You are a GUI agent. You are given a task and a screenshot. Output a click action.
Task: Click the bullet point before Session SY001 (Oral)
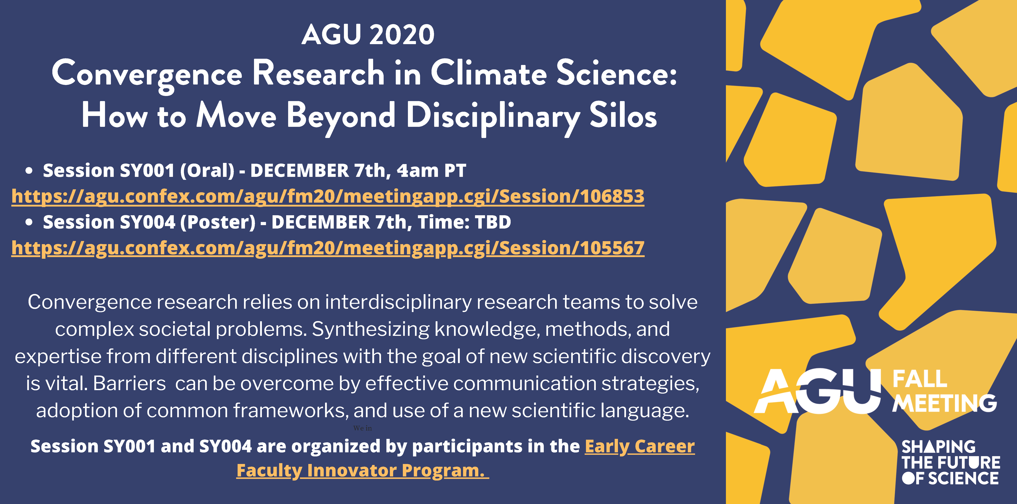click(x=28, y=171)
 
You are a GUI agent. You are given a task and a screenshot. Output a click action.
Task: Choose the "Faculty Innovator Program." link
click(x=362, y=471)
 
